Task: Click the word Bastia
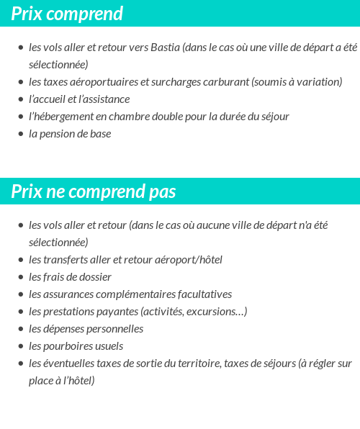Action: pos(166,48)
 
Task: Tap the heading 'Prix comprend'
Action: pos(67,14)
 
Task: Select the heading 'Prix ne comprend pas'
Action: pos(94,191)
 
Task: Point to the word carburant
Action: pos(225,82)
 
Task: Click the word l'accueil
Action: pos(49,99)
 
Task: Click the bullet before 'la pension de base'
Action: pos(20,134)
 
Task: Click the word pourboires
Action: pos(71,346)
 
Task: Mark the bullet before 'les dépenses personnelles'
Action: pos(20,329)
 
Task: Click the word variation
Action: pos(317,82)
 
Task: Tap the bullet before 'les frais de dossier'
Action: pos(20,277)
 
